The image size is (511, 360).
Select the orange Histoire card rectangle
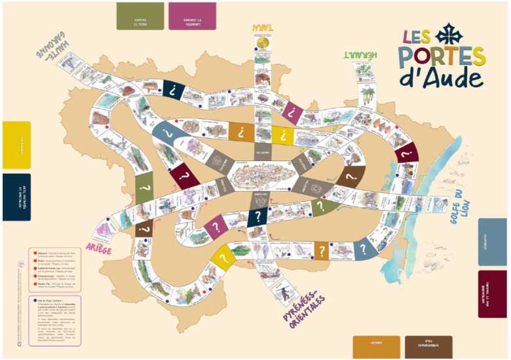(x=376, y=345)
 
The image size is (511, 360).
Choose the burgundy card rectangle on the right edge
(x=492, y=294)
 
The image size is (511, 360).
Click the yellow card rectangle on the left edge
(x=16, y=145)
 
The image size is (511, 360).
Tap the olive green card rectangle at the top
(x=140, y=16)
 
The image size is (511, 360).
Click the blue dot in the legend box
(x=33, y=300)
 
